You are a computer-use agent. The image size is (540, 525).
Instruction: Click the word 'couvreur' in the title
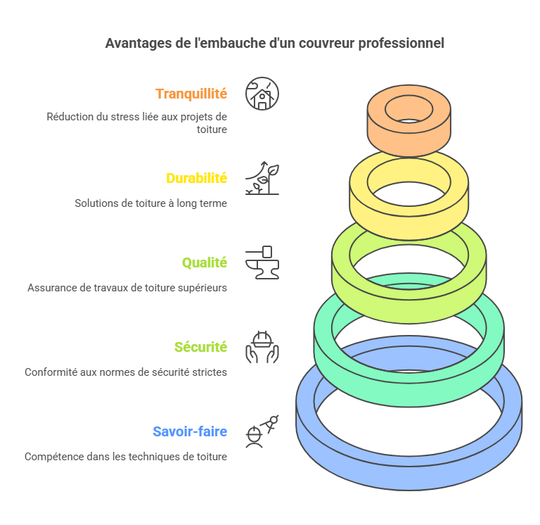point(324,43)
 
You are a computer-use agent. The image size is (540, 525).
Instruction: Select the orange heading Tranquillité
point(191,94)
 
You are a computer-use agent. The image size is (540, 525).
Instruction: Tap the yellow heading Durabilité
point(196,178)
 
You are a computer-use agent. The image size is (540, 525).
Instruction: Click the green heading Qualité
point(205,262)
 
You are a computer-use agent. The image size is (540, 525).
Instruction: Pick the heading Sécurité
point(200,347)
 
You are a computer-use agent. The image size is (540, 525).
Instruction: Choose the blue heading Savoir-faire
point(190,431)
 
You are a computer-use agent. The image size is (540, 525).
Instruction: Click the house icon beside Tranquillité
point(262,94)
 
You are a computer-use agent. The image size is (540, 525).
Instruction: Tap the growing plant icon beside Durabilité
point(262,178)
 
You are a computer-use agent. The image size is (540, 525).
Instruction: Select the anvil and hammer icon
point(262,262)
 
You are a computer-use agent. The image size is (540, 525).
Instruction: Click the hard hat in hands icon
point(262,347)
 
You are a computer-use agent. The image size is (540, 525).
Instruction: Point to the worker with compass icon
point(262,431)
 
